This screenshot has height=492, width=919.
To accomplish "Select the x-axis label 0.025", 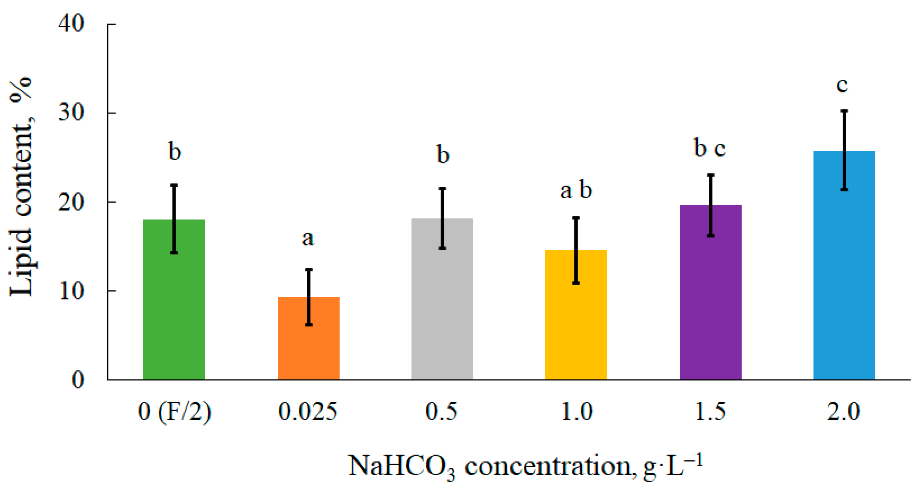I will coord(308,411).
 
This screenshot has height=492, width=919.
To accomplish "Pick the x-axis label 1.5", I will coord(710,411).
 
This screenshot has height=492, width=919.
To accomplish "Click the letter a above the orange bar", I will coord(308,238).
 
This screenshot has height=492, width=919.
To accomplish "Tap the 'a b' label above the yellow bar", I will coord(576,190).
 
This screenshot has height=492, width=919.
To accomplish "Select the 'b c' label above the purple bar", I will coord(710,148).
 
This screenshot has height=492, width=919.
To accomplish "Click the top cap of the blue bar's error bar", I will coord(844,111).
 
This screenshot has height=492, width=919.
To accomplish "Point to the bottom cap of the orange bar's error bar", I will coord(309,324).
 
